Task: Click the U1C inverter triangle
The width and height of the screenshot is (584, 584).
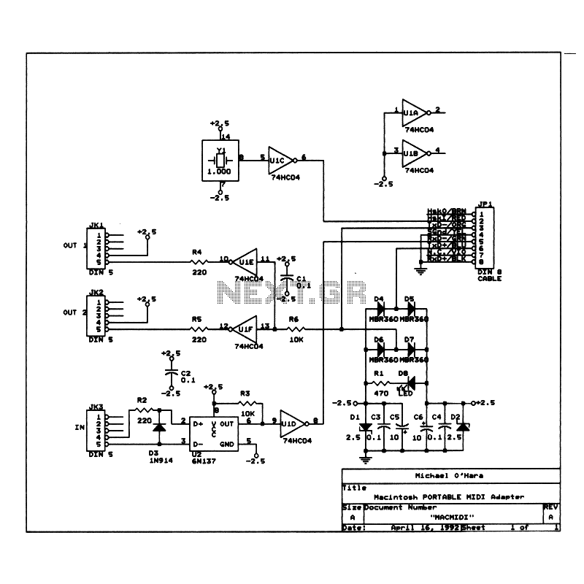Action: pos(280,159)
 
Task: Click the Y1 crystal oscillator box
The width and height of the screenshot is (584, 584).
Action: pos(219,160)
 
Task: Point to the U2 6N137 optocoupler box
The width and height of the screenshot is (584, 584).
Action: pos(213,432)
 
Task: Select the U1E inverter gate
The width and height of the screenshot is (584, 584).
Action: pos(246,261)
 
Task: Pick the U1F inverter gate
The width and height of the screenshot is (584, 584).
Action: pos(246,328)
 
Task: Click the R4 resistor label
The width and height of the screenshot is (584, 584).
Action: pos(196,252)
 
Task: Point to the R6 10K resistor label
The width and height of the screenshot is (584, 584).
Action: pos(293,320)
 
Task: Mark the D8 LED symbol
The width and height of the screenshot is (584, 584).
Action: pos(410,382)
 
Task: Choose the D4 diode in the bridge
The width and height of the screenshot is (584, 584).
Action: pos(379,310)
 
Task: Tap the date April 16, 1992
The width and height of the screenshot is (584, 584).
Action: pos(425,527)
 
